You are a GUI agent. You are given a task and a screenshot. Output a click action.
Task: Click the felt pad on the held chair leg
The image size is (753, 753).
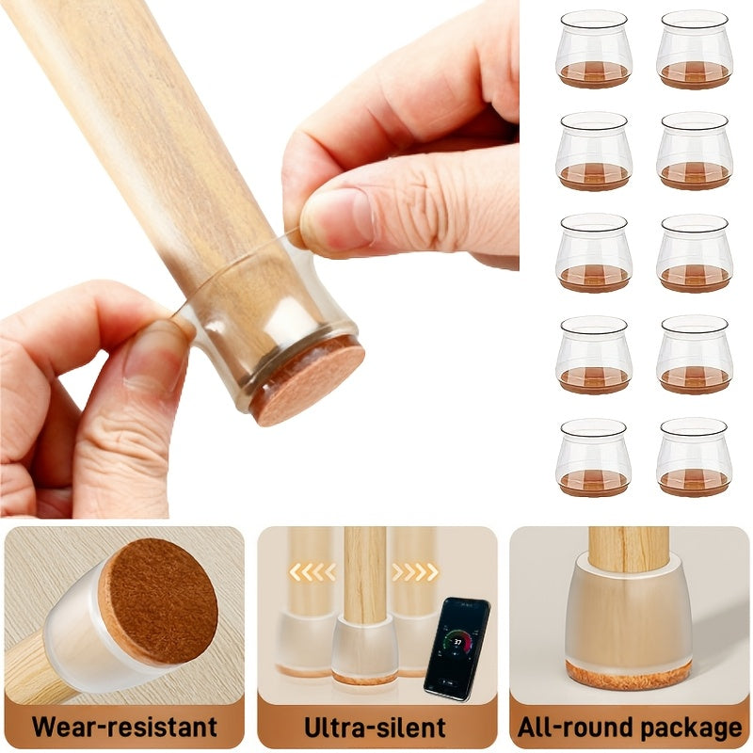(307, 381)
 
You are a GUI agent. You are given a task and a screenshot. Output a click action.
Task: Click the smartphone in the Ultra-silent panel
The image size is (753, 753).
(457, 648)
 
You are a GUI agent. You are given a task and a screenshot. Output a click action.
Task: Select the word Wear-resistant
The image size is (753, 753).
(124, 727)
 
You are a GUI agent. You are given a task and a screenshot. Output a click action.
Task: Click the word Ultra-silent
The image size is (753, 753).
(376, 727)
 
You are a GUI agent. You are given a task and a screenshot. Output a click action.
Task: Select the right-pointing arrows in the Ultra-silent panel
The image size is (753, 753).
(415, 571)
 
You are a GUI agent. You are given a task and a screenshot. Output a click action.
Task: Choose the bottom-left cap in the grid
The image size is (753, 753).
(594, 457)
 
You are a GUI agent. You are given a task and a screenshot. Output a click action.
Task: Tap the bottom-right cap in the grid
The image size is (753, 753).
(695, 457)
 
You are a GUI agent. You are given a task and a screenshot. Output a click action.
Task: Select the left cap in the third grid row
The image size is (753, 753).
(594, 253)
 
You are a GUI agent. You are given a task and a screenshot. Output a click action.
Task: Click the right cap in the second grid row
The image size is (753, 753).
(695, 152)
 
